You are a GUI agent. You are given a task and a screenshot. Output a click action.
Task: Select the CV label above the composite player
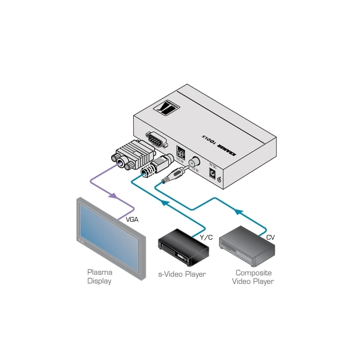[x=270, y=237]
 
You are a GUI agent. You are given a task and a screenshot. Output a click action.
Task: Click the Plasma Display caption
[x=99, y=277]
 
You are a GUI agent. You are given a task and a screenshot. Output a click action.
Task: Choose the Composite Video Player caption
[x=253, y=277]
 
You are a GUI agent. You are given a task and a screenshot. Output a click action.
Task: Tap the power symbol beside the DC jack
[x=219, y=180]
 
